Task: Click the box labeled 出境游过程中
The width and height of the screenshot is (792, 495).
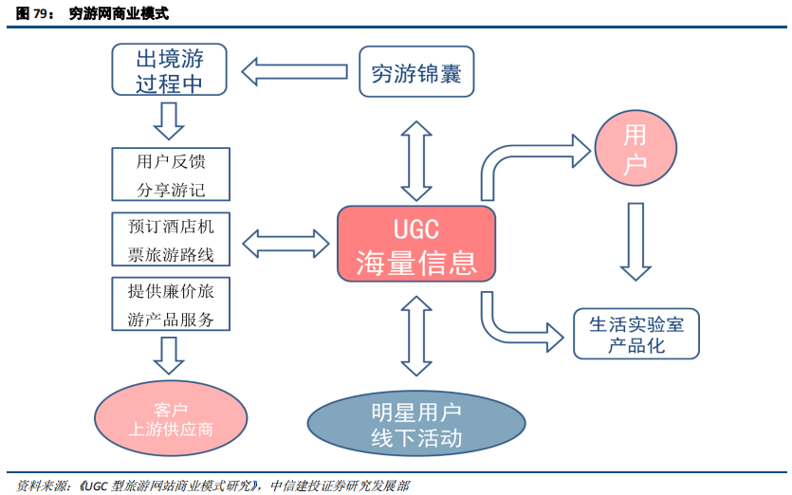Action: click(169, 70)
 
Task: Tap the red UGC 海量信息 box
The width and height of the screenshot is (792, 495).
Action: click(416, 244)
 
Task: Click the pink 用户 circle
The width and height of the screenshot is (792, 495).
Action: click(635, 150)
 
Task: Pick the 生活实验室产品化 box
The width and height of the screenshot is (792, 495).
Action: click(636, 334)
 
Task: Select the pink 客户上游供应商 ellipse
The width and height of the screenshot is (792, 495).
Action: click(171, 417)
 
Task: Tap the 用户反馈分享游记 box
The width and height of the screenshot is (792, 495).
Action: click(171, 174)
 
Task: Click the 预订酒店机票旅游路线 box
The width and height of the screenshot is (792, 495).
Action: click(171, 240)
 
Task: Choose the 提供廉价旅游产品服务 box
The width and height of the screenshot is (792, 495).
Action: click(171, 304)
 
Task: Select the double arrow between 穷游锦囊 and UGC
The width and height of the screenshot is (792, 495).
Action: click(416, 156)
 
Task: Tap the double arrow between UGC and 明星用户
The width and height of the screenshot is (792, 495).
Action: click(416, 335)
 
